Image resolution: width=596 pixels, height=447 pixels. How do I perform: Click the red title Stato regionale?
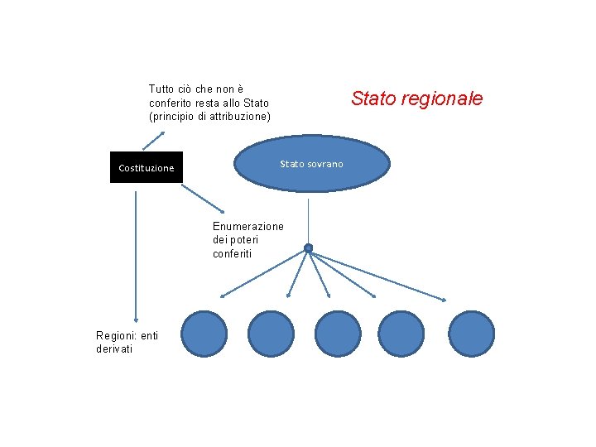(416, 99)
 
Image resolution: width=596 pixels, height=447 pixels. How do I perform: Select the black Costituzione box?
(147, 167)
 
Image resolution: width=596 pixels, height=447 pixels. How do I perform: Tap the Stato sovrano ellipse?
(311, 164)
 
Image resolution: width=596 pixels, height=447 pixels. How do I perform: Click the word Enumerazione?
(248, 226)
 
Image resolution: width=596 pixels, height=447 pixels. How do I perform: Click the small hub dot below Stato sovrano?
(308, 248)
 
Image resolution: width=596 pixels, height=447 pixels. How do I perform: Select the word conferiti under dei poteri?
(232, 254)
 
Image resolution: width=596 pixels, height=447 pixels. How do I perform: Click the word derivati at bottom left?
(115, 348)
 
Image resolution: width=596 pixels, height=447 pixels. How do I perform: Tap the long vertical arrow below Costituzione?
(135, 248)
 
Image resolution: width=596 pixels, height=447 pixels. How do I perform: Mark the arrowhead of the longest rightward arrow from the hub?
(445, 299)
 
